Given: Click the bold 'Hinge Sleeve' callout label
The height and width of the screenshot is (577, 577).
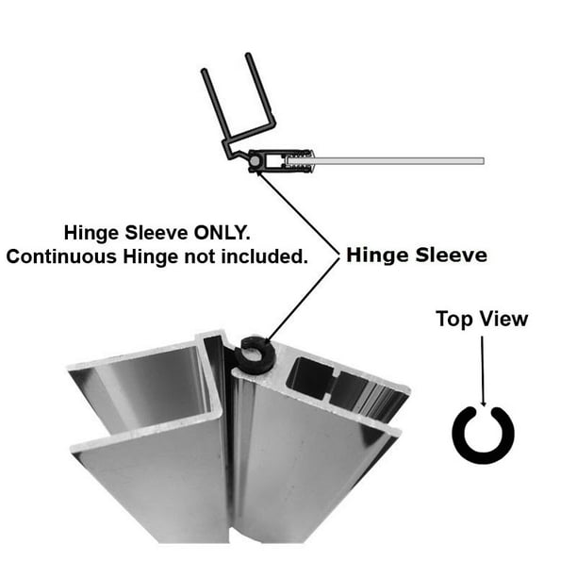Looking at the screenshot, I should pos(415,255).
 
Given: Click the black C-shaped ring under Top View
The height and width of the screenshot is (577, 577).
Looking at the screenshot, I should pos(482,435).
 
